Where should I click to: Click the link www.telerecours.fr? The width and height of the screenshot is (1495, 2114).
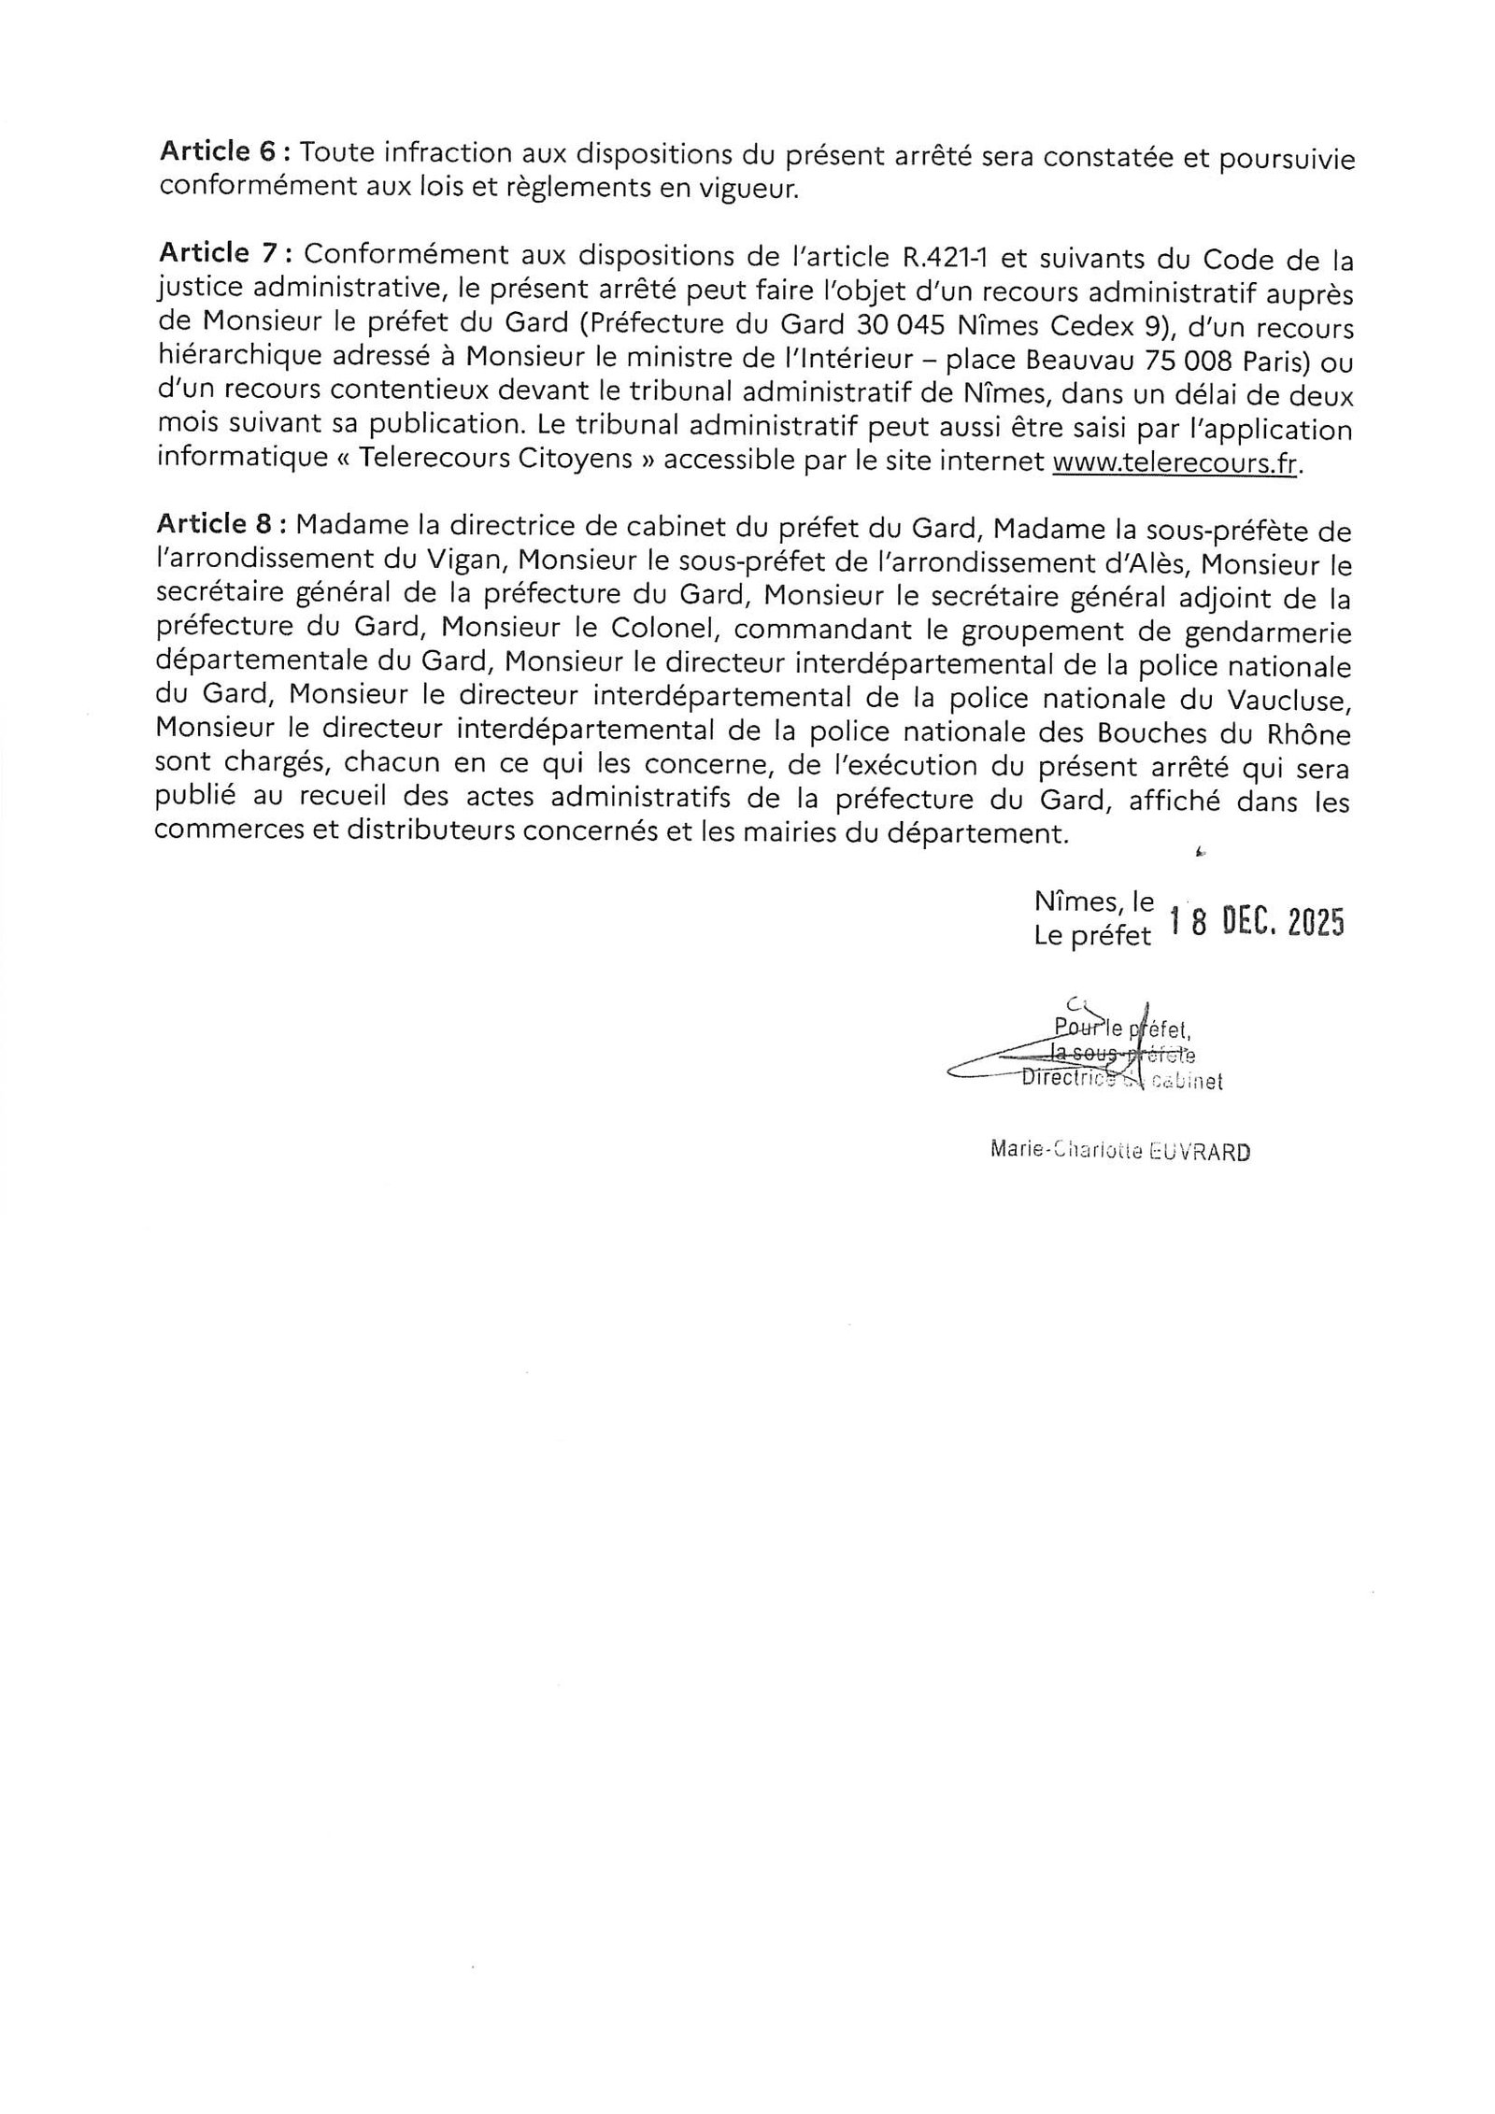[1175, 463]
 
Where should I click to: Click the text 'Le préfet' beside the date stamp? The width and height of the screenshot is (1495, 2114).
[1092, 936]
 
